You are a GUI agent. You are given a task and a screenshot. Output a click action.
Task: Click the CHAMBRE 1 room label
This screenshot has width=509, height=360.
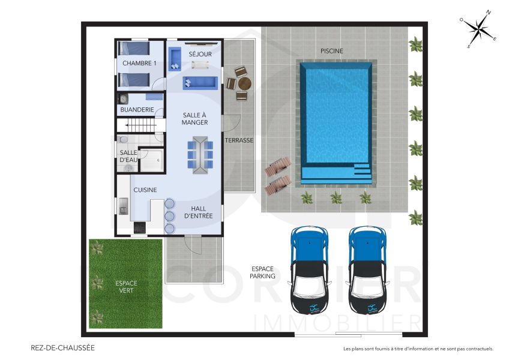(139, 63)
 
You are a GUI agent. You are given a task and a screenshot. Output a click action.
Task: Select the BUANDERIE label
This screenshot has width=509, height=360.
(137, 110)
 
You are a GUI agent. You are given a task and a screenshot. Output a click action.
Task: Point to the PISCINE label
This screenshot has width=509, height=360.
(331, 51)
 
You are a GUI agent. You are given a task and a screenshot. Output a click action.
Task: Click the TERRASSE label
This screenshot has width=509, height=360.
(239, 140)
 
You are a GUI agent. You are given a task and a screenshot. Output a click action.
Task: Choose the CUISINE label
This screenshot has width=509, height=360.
(145, 190)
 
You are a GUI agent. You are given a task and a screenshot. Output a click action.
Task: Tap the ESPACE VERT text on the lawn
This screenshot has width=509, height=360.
(126, 287)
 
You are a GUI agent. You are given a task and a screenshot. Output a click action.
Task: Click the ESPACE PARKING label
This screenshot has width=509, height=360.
(263, 272)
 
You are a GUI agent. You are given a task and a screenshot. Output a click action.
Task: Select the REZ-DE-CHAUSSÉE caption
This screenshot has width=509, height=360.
(62, 347)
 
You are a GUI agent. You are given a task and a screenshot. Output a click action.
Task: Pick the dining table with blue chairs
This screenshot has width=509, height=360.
(200, 154)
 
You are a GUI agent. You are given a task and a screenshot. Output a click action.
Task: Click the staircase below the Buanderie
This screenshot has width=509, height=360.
(139, 125)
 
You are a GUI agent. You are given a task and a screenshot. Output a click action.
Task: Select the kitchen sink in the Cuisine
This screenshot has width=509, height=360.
(122, 206)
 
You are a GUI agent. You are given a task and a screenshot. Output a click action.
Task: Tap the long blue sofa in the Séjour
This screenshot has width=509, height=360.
(200, 82)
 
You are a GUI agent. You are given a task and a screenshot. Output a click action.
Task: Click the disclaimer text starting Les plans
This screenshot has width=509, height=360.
(418, 349)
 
